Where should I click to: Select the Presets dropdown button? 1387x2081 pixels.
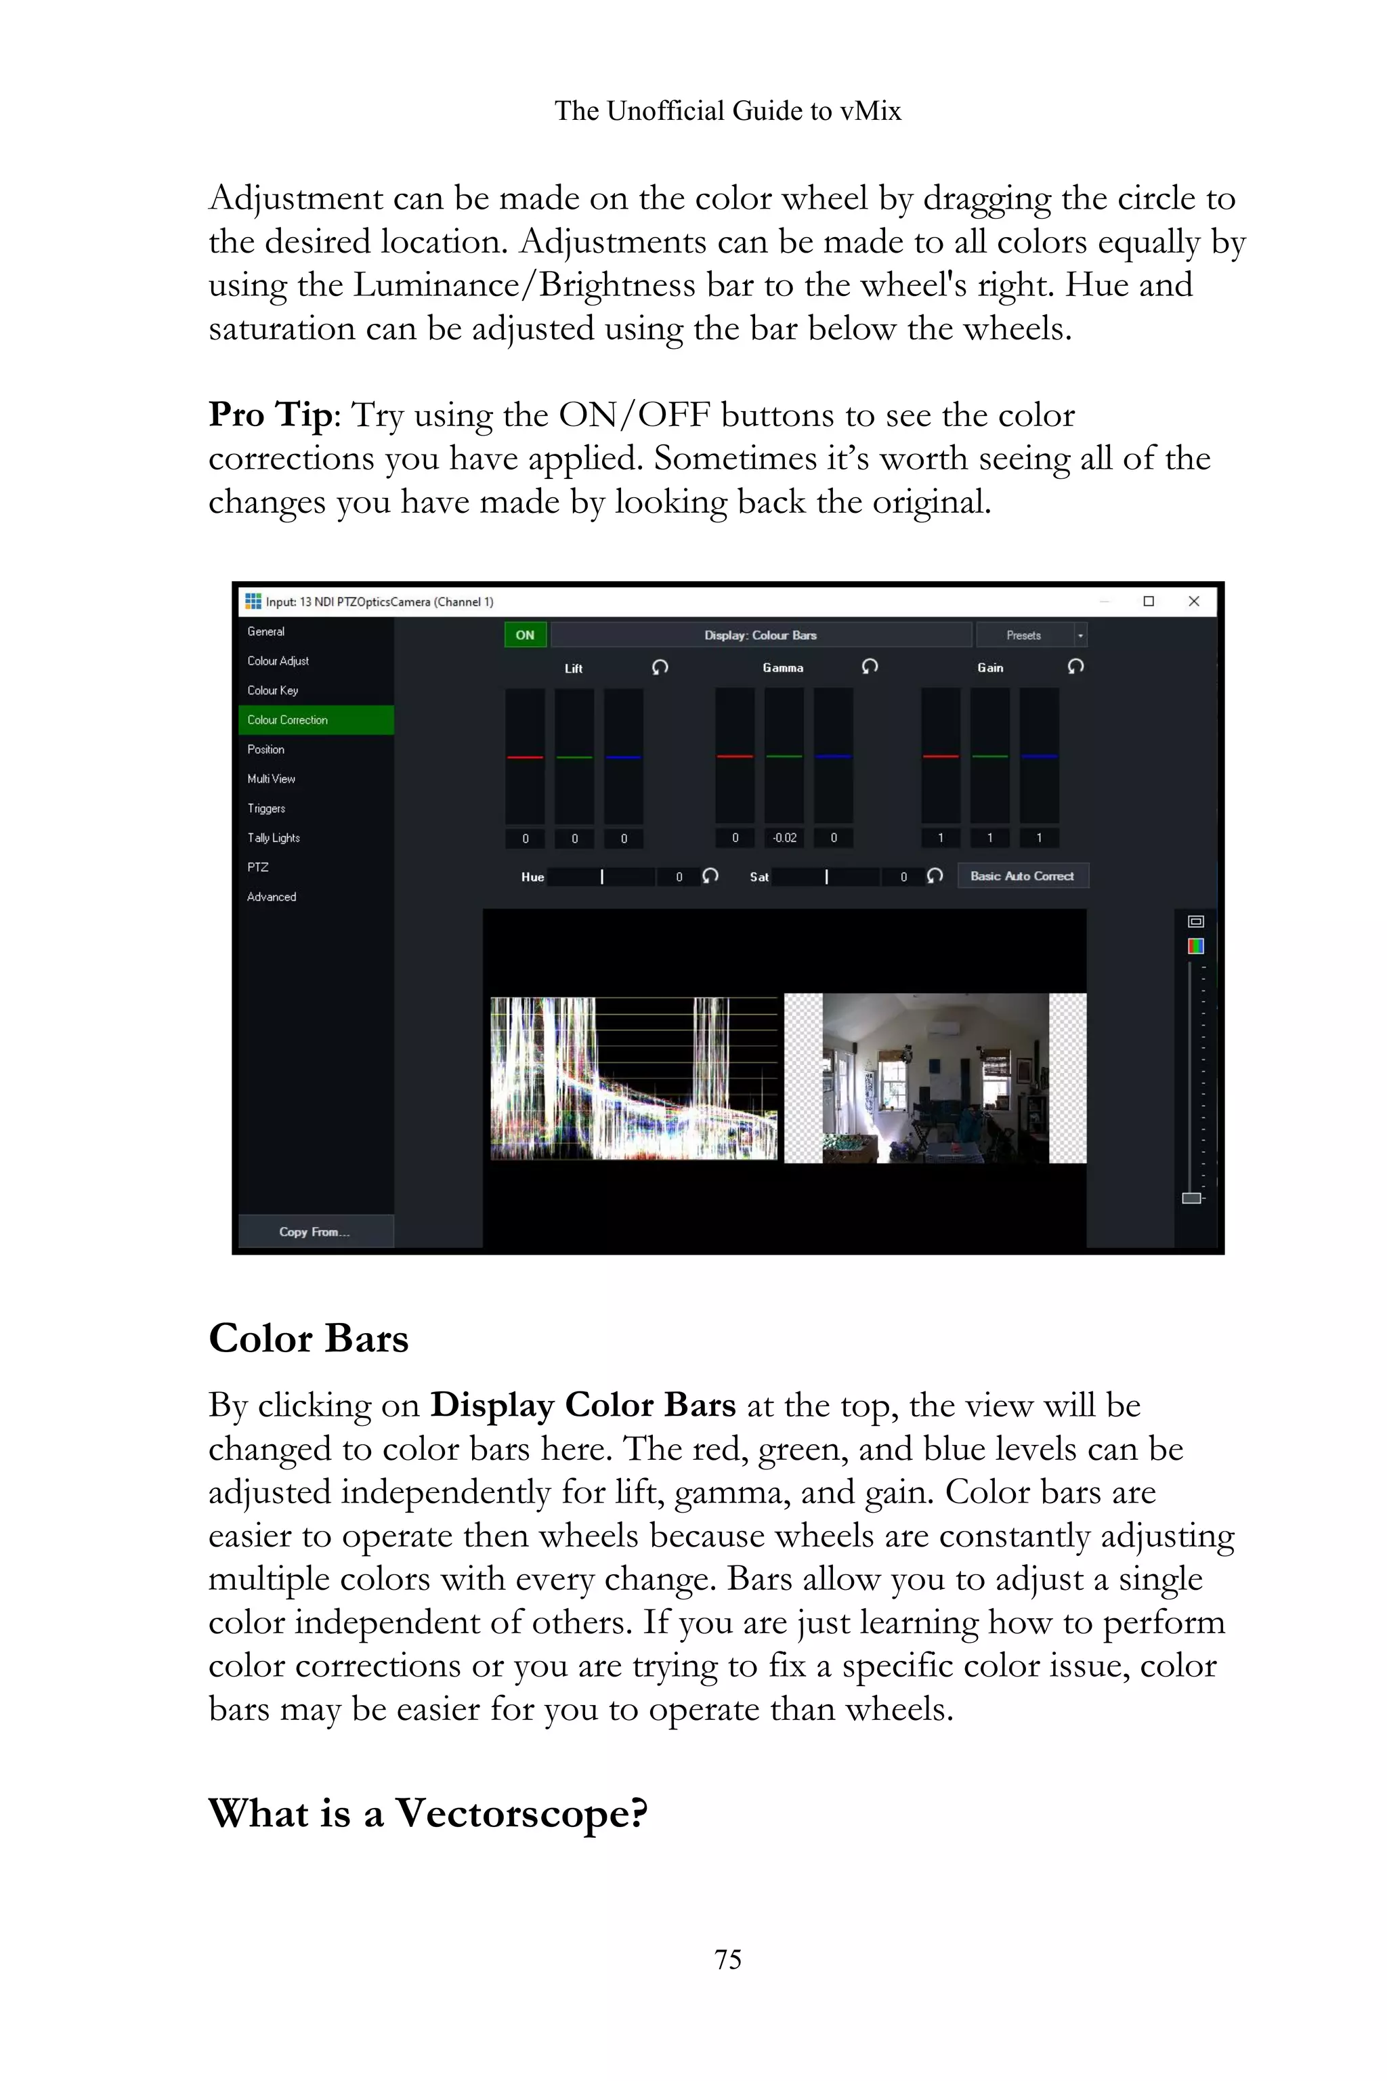coord(1031,635)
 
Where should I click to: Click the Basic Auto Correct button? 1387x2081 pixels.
coord(1022,876)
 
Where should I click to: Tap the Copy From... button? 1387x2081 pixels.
coord(315,1232)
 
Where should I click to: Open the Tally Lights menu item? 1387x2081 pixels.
coord(274,838)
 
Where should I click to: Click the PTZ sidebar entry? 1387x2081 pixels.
coord(258,867)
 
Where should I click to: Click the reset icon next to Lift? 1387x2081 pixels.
coord(660,667)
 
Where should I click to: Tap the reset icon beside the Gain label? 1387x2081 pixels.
coord(1075,667)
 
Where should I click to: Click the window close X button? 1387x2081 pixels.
coord(1193,602)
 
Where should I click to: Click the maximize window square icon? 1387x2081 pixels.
coord(1148,602)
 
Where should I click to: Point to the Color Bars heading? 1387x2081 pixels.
coord(309,1339)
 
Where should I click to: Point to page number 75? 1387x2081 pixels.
coord(728,1959)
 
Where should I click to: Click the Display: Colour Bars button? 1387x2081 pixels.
coord(761,635)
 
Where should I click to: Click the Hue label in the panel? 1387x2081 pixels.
coord(532,877)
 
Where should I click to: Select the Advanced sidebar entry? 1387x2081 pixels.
coord(272,896)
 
